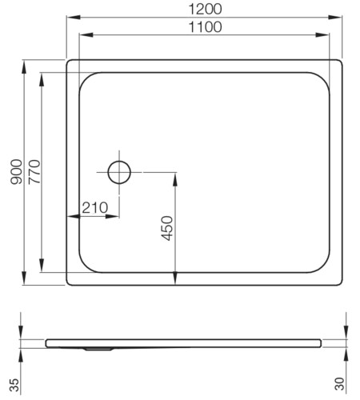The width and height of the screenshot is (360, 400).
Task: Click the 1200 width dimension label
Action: (x=205, y=9)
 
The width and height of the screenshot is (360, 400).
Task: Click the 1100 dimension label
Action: (x=205, y=27)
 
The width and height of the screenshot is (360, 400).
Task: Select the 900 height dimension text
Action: (x=16, y=172)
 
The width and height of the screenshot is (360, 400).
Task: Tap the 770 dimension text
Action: (x=34, y=172)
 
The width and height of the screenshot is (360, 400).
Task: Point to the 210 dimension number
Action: (x=94, y=208)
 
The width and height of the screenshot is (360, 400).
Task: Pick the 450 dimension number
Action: (x=167, y=228)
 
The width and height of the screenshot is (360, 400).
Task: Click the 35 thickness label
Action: (x=14, y=385)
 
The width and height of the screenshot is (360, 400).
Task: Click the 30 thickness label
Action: (x=339, y=384)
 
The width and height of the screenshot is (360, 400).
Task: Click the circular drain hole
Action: (x=119, y=172)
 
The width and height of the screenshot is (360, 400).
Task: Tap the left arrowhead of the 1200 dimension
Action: (x=74, y=17)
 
